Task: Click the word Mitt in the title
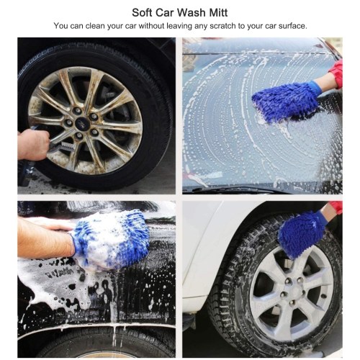point(218,12)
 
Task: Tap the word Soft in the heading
point(142,12)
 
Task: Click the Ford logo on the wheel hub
point(80,123)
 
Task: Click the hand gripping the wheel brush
point(33,145)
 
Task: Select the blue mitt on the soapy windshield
point(286,101)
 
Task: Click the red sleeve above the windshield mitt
point(336,73)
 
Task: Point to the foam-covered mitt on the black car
point(111,239)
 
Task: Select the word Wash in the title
point(192,12)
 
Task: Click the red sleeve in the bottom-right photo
point(336,207)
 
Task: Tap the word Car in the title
point(164,12)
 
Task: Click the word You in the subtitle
point(61,26)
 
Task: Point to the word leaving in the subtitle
point(179,26)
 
